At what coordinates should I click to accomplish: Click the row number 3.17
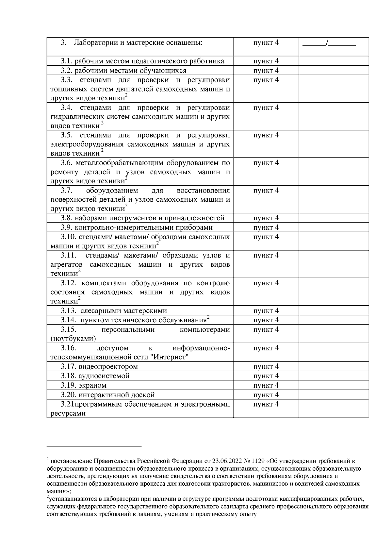(68, 366)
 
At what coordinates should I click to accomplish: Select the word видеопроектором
(108, 366)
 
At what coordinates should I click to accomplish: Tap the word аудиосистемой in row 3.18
(104, 376)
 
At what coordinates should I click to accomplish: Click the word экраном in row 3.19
(92, 385)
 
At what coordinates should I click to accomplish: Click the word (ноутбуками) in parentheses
(73, 338)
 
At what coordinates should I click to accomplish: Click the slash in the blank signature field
(327, 42)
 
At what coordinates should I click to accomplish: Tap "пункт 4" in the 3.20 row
(266, 395)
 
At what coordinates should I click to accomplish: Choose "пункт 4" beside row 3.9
(266, 227)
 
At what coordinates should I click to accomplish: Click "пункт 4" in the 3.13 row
(266, 311)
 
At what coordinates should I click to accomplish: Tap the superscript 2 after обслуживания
(208, 317)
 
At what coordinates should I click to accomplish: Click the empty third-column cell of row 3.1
(334, 61)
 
